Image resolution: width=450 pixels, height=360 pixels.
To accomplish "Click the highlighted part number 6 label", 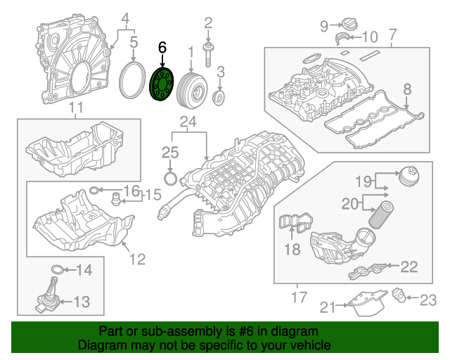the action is click(162, 48).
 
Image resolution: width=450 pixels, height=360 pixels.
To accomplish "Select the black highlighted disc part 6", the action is click(163, 84).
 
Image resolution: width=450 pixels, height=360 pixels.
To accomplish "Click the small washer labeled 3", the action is click(219, 95).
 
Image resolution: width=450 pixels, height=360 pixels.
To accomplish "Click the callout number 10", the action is click(370, 36).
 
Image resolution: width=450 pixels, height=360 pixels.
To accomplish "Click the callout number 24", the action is click(186, 122).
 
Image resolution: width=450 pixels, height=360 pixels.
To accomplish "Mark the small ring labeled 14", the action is click(58, 269).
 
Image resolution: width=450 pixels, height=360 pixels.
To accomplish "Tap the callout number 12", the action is click(138, 259).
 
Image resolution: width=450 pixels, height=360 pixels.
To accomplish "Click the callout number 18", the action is click(291, 248).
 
